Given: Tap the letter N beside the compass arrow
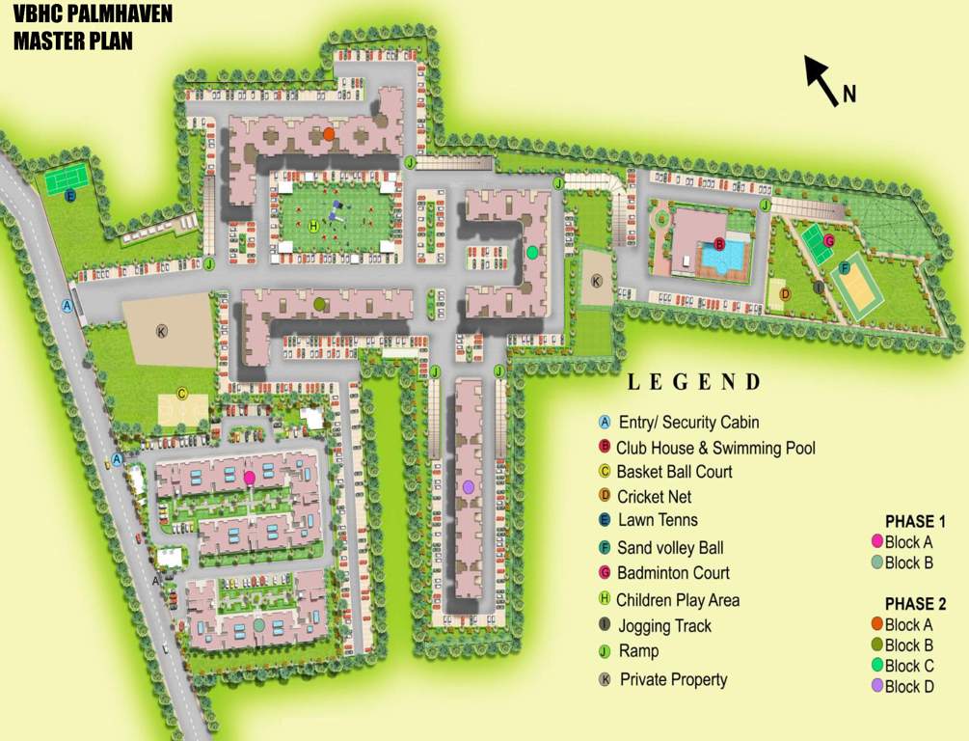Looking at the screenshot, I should pos(849,94).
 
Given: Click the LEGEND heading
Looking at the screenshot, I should pos(694,382).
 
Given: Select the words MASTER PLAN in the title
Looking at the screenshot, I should pos(73,41).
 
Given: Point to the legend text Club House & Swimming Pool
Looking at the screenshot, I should pos(715,448).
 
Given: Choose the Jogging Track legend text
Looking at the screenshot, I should pos(664,626).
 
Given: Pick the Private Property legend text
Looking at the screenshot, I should pos(673,679).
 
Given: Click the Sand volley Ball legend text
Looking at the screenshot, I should pos(670,548).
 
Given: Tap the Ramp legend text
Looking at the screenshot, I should pos(638,651).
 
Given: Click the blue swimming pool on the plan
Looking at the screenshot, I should pos(723,256).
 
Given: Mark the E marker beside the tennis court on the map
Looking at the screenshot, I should pos(70,196).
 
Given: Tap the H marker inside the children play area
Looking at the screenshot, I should pos(314,225).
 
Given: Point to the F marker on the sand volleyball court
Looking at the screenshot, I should pos(844,268).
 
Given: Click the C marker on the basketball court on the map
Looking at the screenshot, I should pos(181,394).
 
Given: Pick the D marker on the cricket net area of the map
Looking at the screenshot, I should pos(785,294).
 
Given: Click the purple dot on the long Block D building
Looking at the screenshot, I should pos(468,487).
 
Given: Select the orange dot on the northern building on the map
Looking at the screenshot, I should pos(329,134).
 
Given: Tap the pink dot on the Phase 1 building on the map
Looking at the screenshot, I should pos(250,478).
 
